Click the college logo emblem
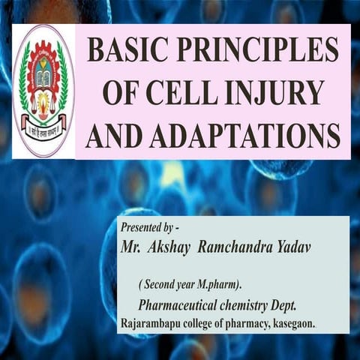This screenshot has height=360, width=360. click(43, 90)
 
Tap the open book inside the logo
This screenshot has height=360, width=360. click(43, 80)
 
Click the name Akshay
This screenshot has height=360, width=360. click(172, 246)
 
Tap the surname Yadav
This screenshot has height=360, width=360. click(307, 246)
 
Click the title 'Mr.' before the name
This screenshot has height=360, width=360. click(132, 246)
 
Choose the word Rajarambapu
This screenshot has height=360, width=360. click(153, 322)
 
